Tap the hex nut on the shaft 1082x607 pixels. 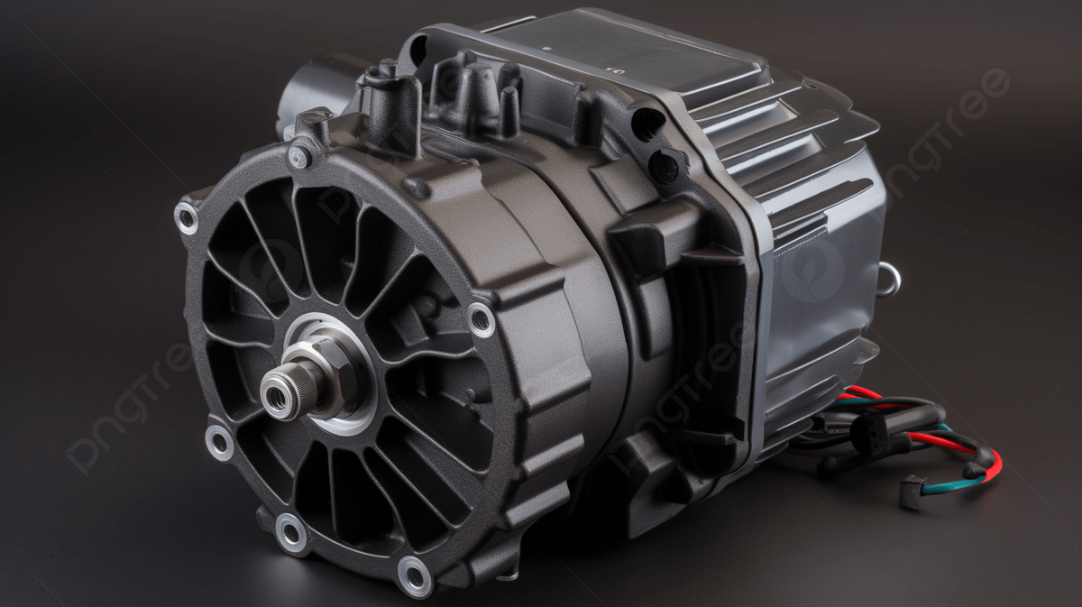335,370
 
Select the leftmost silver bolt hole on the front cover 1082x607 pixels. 187,217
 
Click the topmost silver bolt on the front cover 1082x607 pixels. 298,157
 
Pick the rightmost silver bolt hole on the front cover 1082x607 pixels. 480,319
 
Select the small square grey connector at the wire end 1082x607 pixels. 911,492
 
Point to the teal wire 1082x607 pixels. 947,486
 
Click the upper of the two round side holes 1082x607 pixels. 646,123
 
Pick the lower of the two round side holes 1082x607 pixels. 665,166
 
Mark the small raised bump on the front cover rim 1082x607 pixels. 416,188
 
